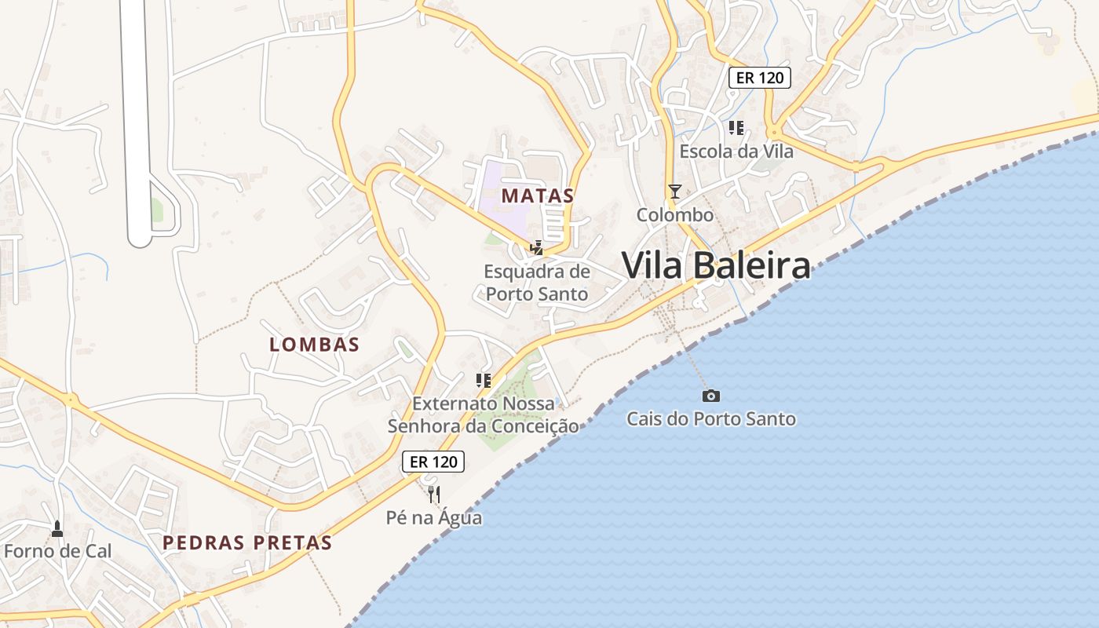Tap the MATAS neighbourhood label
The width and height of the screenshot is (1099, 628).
538,195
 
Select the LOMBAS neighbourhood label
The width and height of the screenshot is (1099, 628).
314,344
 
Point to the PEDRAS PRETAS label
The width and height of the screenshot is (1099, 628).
247,542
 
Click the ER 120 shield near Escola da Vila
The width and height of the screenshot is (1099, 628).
759,78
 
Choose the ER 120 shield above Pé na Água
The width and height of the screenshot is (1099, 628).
433,462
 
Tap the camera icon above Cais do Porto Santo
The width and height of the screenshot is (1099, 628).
711,396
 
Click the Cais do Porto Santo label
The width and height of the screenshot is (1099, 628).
710,418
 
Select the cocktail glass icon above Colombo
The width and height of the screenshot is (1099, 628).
674,191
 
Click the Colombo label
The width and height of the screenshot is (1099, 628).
674,214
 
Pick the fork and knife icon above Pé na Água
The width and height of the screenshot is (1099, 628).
434,494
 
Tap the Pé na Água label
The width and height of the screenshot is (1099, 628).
434,517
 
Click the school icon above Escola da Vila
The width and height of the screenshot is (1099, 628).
736,127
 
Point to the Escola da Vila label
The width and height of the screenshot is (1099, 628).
736,151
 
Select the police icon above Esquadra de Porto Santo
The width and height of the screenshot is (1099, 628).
537,248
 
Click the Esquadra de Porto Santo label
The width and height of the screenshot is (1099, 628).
537,283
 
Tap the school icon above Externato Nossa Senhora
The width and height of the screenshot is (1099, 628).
484,381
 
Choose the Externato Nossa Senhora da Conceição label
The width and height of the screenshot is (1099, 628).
484,414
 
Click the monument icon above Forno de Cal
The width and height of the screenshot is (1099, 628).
57,528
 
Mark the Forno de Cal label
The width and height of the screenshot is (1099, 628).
57,550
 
